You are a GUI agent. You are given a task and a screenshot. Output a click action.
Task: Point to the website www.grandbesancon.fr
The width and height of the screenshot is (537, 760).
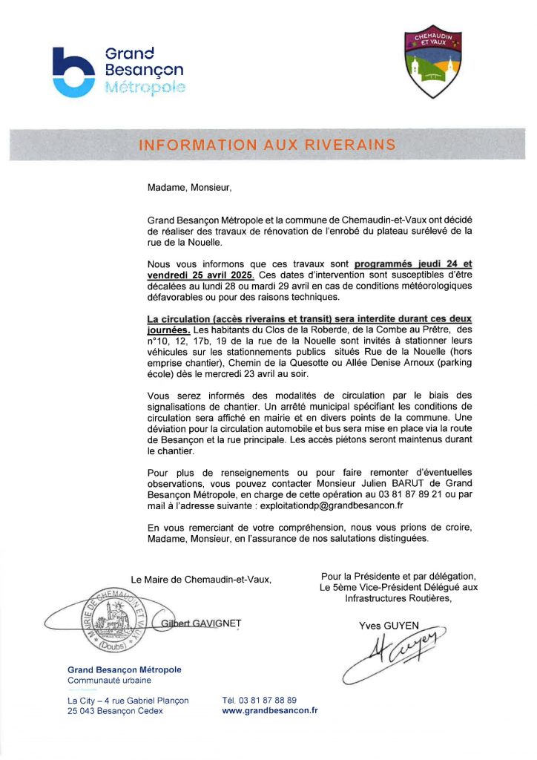[x=270, y=710]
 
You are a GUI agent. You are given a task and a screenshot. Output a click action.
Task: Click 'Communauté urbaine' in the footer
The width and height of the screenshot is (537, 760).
[x=109, y=680]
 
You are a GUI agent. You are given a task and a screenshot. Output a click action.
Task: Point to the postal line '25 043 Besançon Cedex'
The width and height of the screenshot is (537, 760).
[x=115, y=711]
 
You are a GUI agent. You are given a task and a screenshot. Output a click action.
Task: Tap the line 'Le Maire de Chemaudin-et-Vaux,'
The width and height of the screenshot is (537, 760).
[x=201, y=580]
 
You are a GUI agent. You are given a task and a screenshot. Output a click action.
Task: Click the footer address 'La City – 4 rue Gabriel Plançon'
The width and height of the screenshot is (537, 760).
[x=128, y=700]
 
